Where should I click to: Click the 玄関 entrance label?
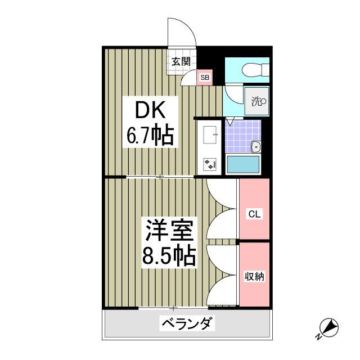click(x=181, y=62)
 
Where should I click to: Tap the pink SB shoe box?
click(x=205, y=78)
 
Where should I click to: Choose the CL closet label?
click(x=254, y=214)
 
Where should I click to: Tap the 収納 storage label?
click(x=254, y=277)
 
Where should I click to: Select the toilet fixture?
click(x=254, y=70)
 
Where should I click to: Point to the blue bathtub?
click(x=242, y=165)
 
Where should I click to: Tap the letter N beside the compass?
click(x=318, y=336)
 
